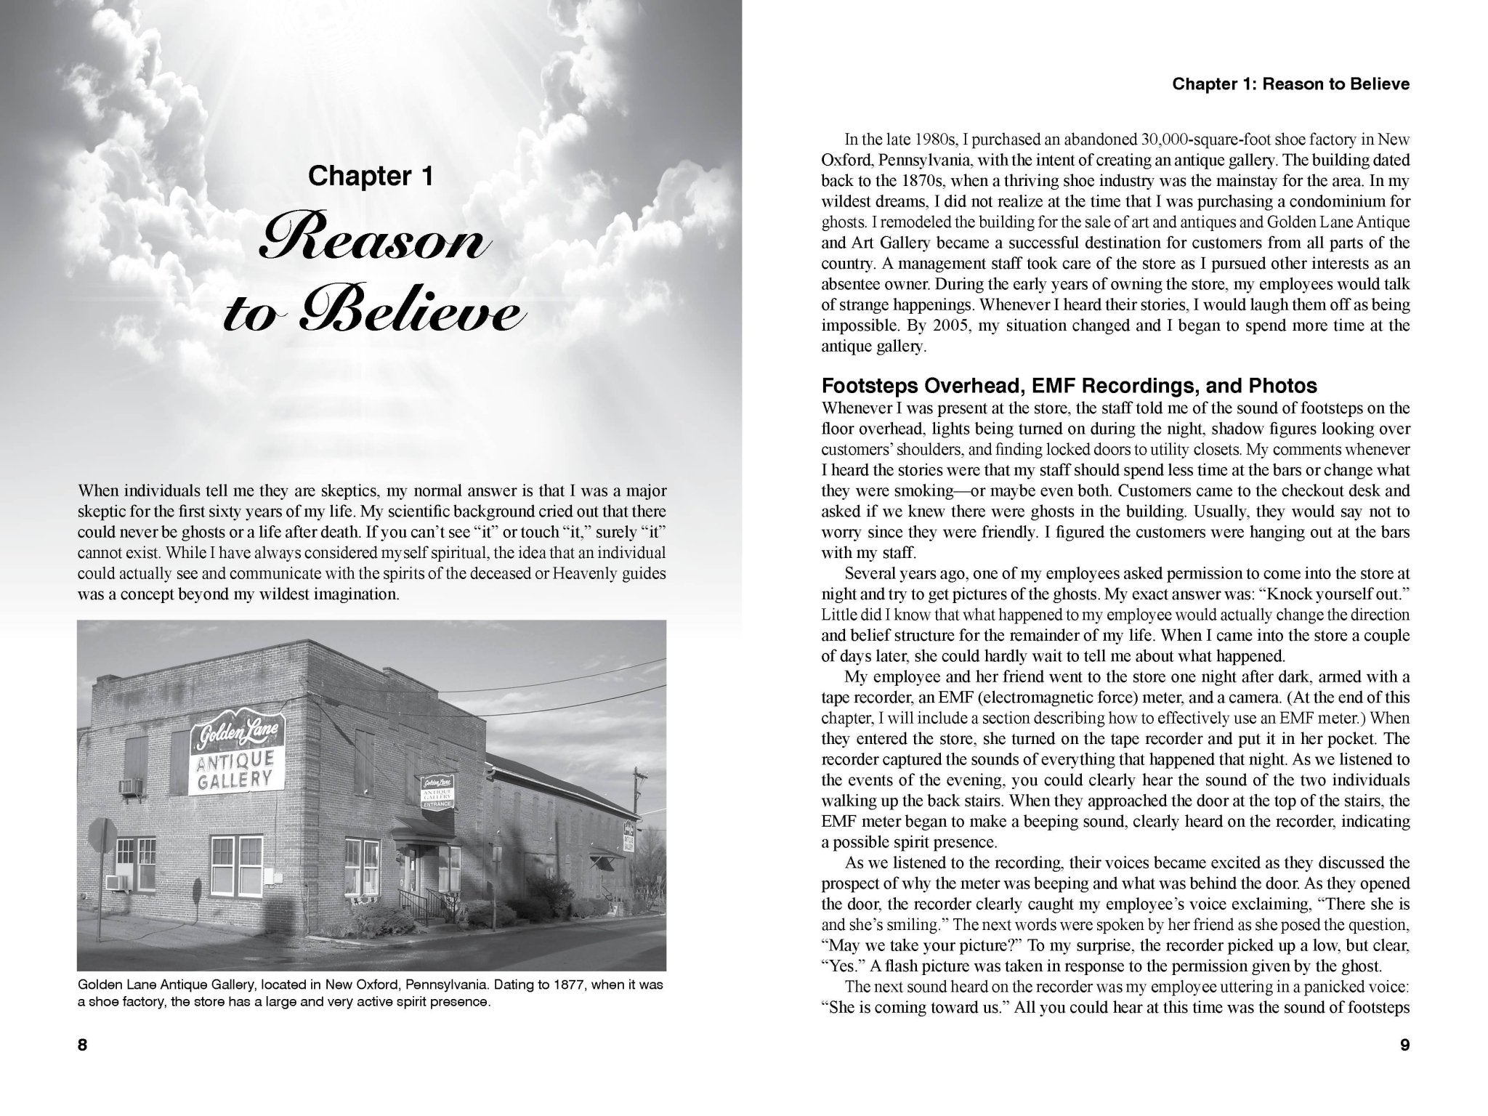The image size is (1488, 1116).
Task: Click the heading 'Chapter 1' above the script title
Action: tap(371, 177)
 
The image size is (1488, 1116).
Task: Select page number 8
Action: tap(82, 1045)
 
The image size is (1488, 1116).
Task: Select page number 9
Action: tap(1404, 1045)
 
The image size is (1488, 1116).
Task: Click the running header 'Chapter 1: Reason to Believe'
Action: tap(1291, 84)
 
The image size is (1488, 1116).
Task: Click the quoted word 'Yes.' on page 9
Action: tap(836, 966)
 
